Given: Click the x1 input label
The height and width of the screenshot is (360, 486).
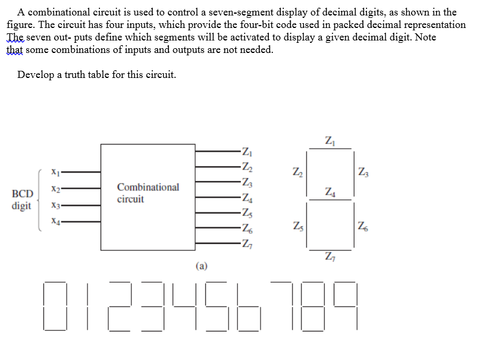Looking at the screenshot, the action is [x=55, y=171].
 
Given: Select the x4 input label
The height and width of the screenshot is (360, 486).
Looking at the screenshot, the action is [x=55, y=221].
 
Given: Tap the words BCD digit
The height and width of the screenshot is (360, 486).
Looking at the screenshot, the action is [x=22, y=200].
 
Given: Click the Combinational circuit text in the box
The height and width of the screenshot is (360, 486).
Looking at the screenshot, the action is [x=148, y=193].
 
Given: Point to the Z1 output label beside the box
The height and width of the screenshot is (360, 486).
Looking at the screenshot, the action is [x=247, y=152].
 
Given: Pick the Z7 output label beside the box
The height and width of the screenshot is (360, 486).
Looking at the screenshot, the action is [x=247, y=244].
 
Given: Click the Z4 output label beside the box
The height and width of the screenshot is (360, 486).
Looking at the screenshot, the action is [x=247, y=198].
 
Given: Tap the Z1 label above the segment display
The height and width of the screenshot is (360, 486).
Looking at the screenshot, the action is [x=330, y=141].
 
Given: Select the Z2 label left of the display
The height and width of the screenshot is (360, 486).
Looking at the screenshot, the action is [x=297, y=172].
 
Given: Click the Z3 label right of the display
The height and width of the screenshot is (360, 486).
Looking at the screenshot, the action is [x=363, y=172].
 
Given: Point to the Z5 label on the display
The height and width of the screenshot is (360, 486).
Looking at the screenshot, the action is [x=298, y=226].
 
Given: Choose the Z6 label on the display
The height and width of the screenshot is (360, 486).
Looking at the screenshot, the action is [x=363, y=226].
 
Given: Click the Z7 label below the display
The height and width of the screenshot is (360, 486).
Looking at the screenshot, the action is [x=330, y=256].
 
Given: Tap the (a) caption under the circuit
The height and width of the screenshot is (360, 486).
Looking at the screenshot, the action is [x=202, y=266].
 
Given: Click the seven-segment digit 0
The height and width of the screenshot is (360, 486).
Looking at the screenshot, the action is [x=55, y=306].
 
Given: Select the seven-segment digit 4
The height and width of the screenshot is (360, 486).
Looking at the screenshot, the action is [x=185, y=306].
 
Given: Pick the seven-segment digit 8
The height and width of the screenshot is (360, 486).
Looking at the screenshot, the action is [x=312, y=306].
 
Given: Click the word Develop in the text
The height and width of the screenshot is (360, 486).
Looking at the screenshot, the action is [x=36, y=75].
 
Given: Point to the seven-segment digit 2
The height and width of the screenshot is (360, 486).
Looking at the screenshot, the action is [x=120, y=306].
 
